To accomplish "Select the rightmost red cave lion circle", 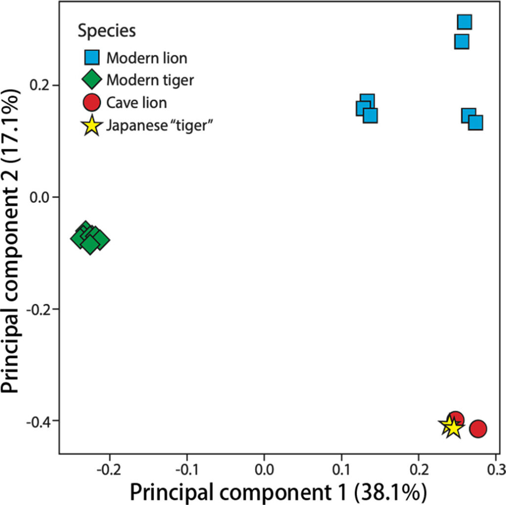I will tap(478, 429).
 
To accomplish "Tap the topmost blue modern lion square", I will tap(464, 22).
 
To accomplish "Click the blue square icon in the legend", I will tap(92, 58).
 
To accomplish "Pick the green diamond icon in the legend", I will tap(92, 80).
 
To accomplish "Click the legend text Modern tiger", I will tap(151, 80).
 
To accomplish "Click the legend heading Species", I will tap(107, 31).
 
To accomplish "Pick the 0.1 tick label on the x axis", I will tap(342, 467).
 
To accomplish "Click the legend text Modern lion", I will tap(147, 58).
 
